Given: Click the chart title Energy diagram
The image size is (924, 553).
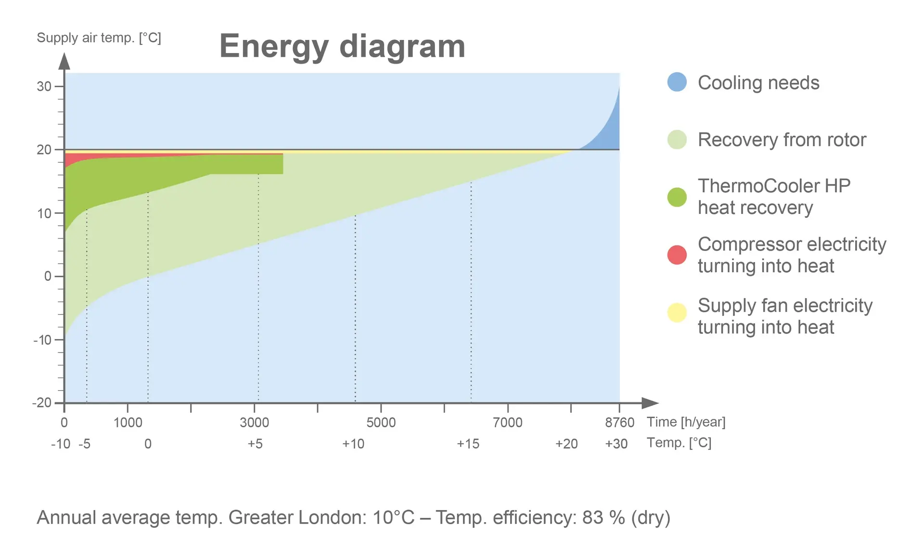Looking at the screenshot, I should point(342,46).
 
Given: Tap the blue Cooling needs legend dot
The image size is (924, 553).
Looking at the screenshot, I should point(677,82).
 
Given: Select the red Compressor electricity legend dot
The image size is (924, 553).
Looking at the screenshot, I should point(677,255).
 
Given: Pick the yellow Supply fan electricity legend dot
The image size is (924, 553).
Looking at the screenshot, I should point(677,313).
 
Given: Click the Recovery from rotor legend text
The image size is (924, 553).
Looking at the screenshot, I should point(782,140).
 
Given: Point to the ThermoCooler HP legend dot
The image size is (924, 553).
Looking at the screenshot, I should point(677,197).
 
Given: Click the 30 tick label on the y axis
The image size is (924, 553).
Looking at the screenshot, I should point(44,87).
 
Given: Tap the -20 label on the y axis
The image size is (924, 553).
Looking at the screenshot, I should point(42,403).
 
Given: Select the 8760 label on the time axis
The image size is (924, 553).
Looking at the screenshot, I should point(619,423).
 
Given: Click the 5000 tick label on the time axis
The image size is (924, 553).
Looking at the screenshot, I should point(381,423).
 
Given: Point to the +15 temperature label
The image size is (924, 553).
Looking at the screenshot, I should point(468,444).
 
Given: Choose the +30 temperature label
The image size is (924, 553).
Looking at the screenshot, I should point(616,444).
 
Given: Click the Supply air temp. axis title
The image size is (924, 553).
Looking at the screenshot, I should point(99,38).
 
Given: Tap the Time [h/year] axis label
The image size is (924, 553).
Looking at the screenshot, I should point(686,422).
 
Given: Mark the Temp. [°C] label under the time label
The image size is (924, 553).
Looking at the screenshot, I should point(679,443).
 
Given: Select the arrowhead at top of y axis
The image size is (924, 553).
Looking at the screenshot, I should point(64,61).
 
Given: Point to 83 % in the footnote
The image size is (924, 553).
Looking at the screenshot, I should point(603,518).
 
